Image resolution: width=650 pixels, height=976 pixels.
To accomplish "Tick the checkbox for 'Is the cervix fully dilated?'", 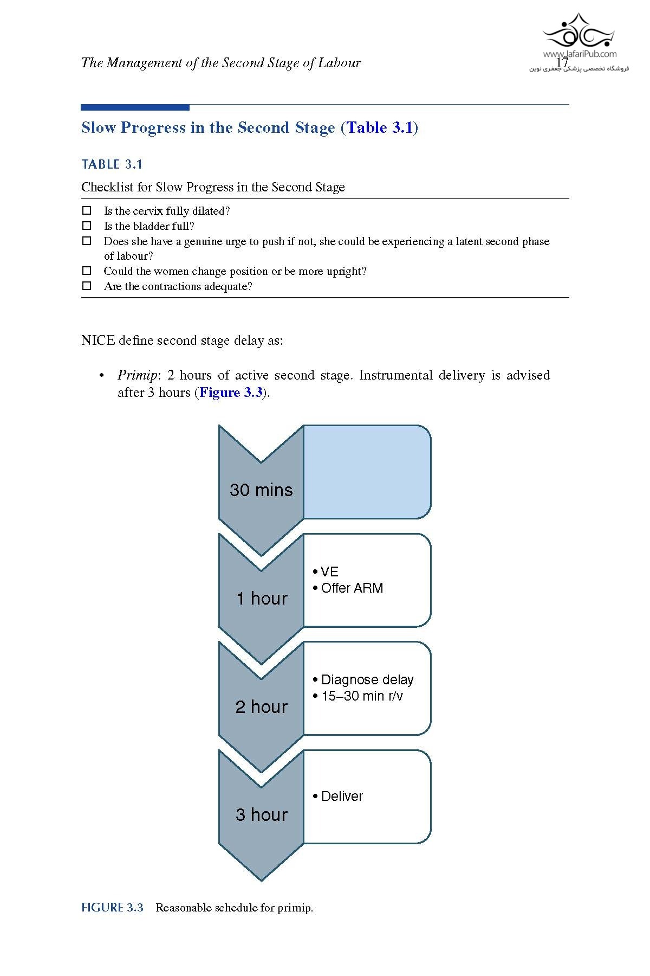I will point(87,210).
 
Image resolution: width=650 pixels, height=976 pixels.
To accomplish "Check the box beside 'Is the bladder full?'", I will point(87,226).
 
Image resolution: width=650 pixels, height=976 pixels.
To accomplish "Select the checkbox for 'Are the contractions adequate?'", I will point(87,286).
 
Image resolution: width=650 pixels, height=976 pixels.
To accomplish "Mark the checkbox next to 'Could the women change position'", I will point(87,271).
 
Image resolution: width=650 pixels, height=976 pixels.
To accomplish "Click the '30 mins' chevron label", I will point(261,490).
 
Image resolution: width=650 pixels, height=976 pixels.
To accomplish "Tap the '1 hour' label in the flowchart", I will point(262,599).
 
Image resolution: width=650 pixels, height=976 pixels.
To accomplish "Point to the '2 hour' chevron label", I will point(261,707).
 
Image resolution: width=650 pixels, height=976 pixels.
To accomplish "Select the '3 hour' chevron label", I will point(261,815).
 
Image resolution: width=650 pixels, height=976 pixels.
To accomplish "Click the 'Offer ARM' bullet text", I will point(352,588).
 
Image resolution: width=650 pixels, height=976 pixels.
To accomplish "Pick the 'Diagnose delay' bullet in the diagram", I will point(367,680).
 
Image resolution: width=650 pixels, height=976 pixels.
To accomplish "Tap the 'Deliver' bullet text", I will point(342,797).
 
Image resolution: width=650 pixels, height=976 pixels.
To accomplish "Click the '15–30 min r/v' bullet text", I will point(361,696).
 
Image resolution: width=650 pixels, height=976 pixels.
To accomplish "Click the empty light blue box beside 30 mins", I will point(367,472).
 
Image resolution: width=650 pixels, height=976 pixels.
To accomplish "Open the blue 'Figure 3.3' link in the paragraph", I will point(231,393).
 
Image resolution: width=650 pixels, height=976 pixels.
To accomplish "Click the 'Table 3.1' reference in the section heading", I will point(380,128).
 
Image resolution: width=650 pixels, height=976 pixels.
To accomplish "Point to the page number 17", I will point(562,63).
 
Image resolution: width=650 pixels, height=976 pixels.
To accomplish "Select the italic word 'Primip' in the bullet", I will point(137,375).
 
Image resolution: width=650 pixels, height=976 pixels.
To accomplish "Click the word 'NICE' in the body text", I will point(97,341).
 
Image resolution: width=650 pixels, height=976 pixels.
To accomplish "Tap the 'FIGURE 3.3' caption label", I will point(112,908).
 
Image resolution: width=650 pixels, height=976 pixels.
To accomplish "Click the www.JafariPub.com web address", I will point(580,54).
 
